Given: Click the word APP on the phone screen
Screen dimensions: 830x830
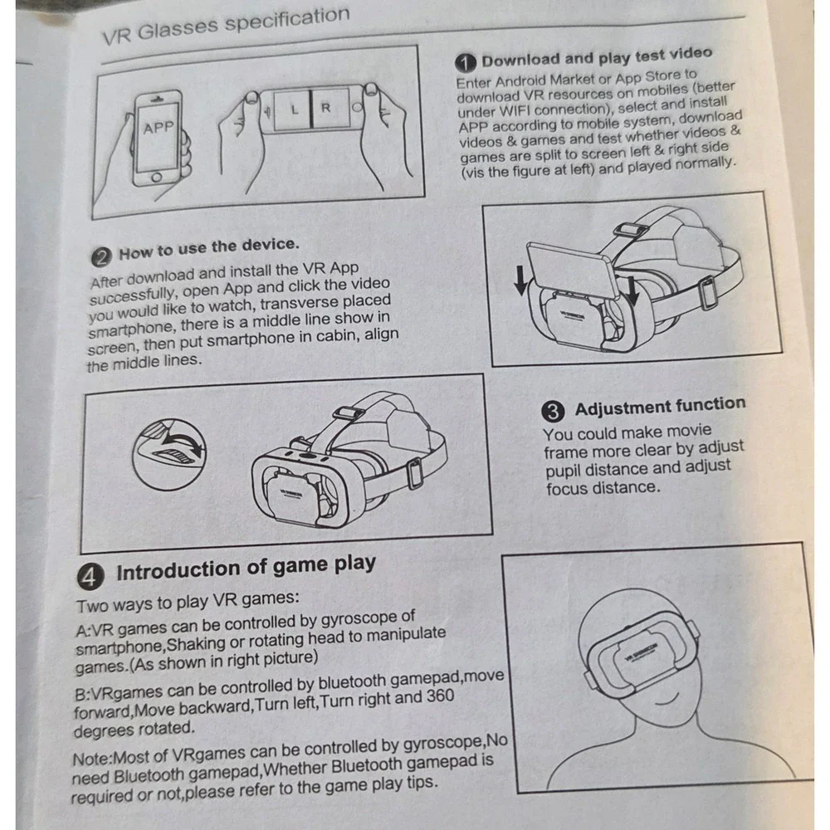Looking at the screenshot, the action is pyautogui.click(x=159, y=128).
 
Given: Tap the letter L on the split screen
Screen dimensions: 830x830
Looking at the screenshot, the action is pyautogui.click(x=295, y=110).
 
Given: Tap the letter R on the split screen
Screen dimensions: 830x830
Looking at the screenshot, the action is pyautogui.click(x=325, y=107).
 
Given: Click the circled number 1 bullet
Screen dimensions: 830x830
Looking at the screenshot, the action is pyautogui.click(x=466, y=63).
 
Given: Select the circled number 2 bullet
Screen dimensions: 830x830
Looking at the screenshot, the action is pyautogui.click(x=101, y=257).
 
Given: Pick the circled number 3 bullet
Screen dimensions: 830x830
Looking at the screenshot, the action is pyautogui.click(x=553, y=412).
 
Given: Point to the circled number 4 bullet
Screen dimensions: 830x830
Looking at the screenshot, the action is pyautogui.click(x=90, y=577).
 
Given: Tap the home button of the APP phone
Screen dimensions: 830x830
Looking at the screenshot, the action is pyautogui.click(x=156, y=178).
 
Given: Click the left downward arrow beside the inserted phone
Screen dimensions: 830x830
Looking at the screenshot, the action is pyautogui.click(x=520, y=280).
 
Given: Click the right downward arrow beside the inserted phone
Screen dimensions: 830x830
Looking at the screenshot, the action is pyautogui.click(x=632, y=290).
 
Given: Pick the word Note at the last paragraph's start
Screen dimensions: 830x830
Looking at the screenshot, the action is pyautogui.click(x=91, y=759).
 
